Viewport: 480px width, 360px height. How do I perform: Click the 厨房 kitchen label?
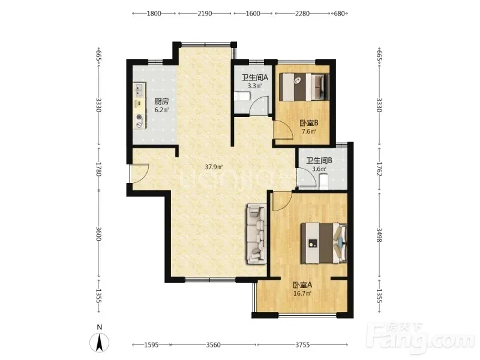[x=161, y=101]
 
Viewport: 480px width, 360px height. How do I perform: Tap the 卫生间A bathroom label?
[x=254, y=77]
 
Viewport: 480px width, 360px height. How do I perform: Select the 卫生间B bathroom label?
[x=319, y=160]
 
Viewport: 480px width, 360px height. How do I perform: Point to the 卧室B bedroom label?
[x=309, y=123]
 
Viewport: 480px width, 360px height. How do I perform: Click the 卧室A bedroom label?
[x=302, y=285]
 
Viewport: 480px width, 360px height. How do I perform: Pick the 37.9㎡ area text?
[x=214, y=167]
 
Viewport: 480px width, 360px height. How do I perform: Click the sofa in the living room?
[x=257, y=234]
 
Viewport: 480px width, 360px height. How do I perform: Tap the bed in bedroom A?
[x=324, y=244]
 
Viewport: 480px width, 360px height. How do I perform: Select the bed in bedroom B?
[x=305, y=86]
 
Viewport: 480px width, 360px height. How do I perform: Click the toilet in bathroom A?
[x=242, y=97]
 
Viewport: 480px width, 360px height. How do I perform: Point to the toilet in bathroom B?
[x=323, y=181]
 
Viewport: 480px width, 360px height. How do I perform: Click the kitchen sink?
[x=139, y=89]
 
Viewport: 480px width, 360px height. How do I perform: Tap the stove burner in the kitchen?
[x=140, y=116]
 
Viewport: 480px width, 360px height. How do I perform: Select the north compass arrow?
[x=99, y=343]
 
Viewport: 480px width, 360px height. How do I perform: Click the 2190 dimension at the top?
[x=205, y=13]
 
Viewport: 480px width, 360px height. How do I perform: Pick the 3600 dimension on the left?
[x=98, y=233]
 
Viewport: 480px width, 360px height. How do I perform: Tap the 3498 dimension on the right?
[x=379, y=235]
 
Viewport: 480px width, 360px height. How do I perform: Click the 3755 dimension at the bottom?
[x=302, y=345]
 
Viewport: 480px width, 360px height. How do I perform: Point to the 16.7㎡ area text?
[x=302, y=293]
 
